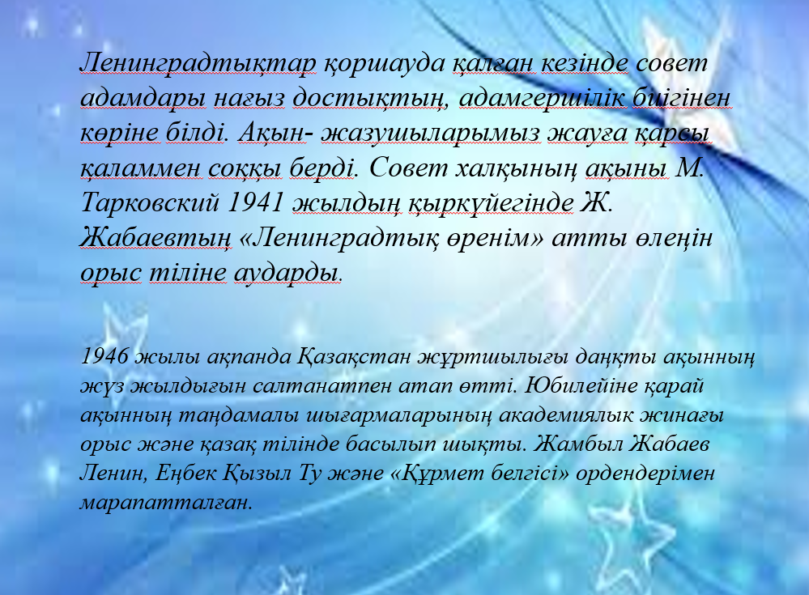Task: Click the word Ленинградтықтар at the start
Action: [x=198, y=64]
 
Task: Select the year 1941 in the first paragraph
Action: [x=255, y=202]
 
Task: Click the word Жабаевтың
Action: [x=155, y=238]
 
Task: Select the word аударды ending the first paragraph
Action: [x=287, y=273]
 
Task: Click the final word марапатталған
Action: [x=166, y=503]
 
